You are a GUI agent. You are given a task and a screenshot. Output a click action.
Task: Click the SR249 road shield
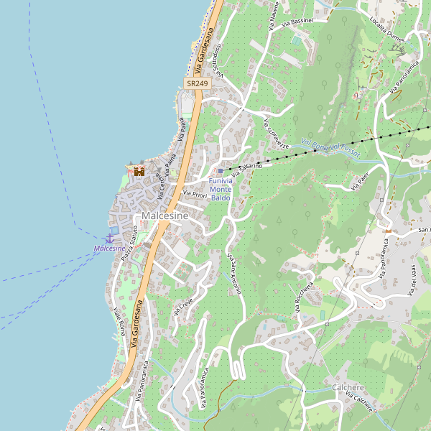(197, 84)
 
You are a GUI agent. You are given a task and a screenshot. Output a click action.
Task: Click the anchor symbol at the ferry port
(110, 237)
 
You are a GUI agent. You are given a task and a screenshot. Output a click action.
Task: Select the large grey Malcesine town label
(165, 215)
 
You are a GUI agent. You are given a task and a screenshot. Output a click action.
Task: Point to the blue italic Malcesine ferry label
(109, 249)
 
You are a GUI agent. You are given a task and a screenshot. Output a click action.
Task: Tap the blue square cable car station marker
(221, 171)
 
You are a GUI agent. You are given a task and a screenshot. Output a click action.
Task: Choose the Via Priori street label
(195, 194)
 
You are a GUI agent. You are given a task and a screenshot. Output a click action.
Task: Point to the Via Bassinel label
(298, 22)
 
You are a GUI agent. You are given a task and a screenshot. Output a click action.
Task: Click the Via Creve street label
(184, 305)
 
